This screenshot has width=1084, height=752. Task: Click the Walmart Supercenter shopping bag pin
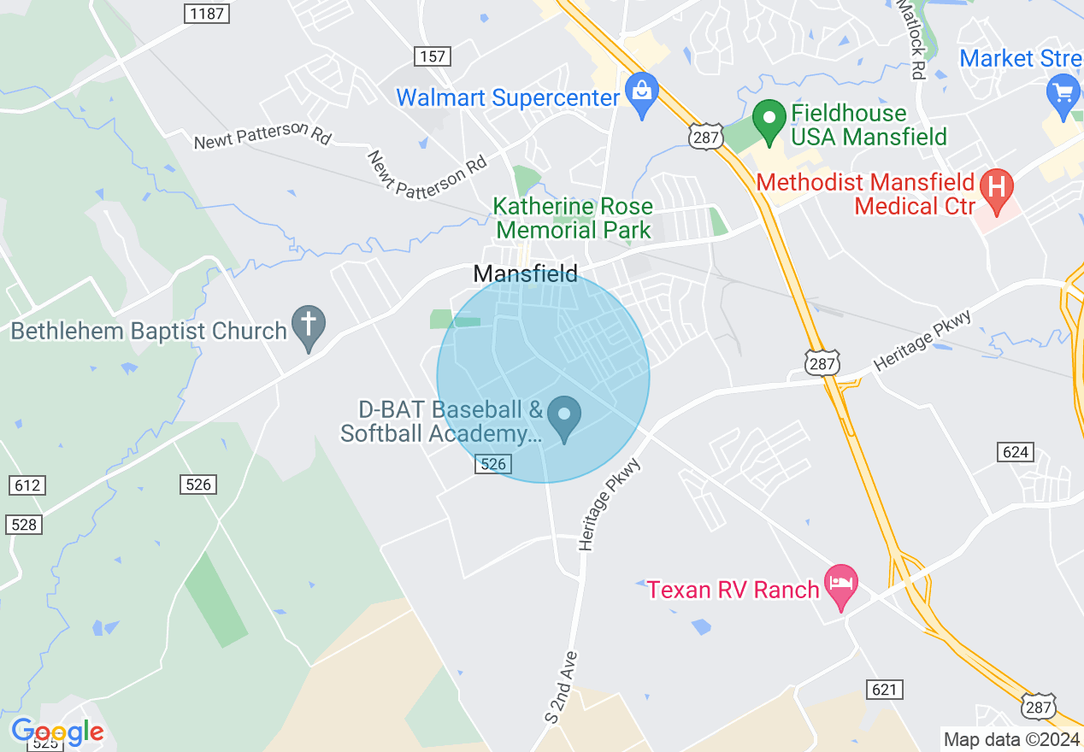[640, 93]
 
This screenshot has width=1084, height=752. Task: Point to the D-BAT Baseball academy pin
[564, 417]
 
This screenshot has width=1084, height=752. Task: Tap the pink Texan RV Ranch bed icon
[841, 586]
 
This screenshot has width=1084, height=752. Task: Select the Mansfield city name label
[526, 274]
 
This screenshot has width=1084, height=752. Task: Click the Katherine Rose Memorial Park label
[574, 218]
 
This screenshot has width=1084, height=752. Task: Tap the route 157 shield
[433, 56]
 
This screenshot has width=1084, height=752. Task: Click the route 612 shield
[27, 485]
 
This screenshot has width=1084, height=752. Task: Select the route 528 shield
[24, 524]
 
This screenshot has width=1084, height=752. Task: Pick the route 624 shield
[1015, 451]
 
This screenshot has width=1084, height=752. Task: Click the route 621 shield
[884, 689]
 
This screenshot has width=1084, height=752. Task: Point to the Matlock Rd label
[912, 40]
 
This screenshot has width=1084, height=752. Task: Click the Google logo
[57, 732]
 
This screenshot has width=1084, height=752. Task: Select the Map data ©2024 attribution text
[1010, 739]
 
